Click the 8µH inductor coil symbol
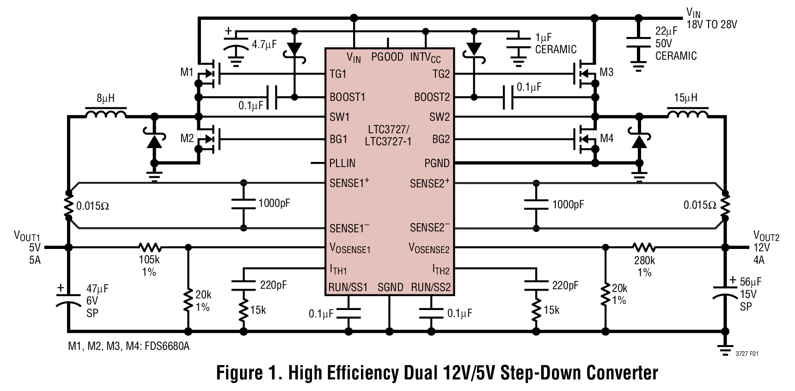105,113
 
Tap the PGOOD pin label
387,57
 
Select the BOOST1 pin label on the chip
347,97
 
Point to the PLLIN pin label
342,163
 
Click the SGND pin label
390,287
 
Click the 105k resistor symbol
149,248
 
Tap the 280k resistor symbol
644,248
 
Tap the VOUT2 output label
766,237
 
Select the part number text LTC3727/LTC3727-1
388,135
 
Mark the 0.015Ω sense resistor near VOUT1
68,205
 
